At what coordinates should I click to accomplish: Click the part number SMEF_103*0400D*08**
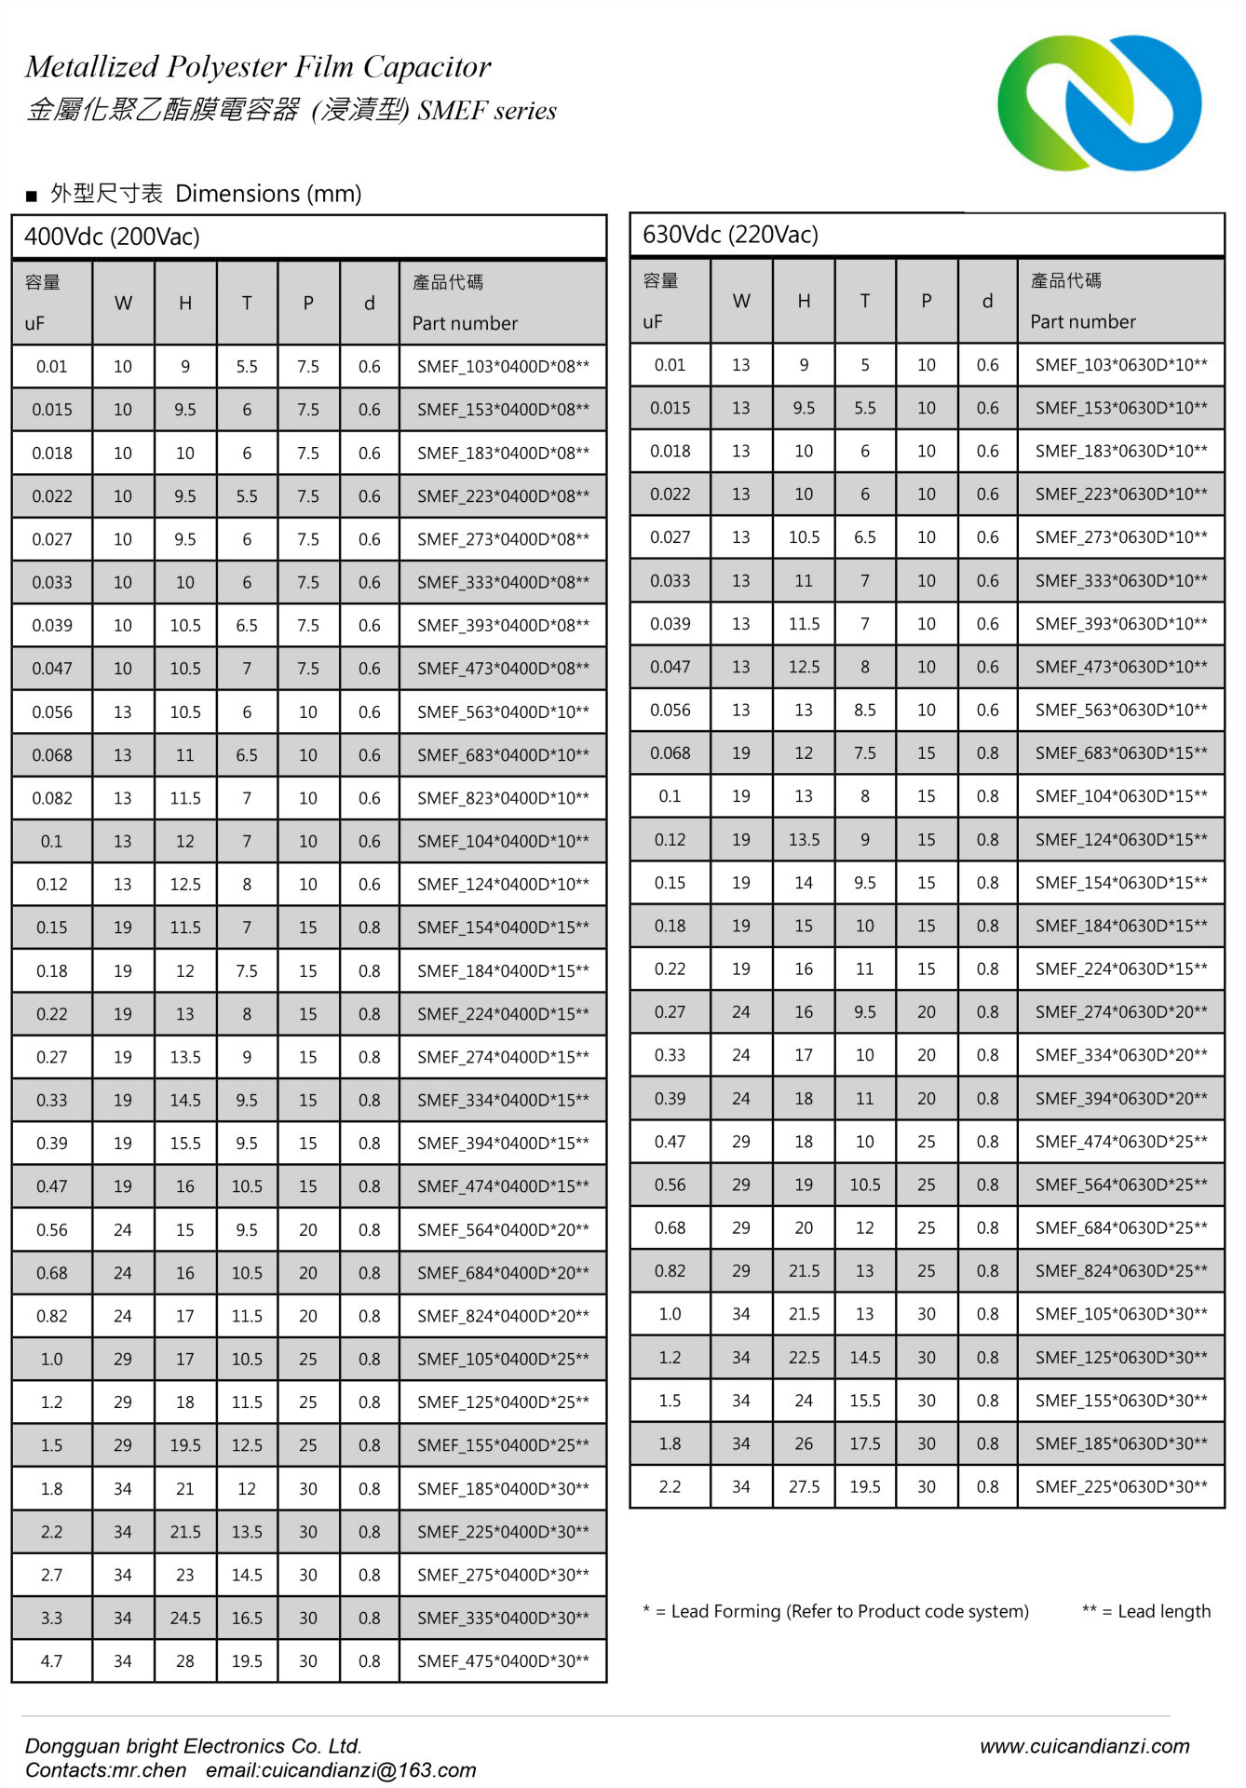tap(503, 367)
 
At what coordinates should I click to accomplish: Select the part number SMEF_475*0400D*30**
tap(503, 1661)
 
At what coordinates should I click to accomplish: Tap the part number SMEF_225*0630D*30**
tap(1121, 1487)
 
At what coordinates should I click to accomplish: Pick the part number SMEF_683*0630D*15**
tap(1121, 753)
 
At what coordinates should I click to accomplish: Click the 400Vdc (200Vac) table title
tap(113, 237)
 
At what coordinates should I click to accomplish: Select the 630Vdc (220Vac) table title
tap(731, 235)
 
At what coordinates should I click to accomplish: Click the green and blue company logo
tap(1099, 102)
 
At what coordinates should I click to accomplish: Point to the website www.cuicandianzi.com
tap(1084, 1746)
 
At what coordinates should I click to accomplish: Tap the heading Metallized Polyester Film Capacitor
tap(258, 67)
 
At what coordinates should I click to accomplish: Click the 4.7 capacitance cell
tap(52, 1661)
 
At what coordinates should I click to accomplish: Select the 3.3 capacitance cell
tap(52, 1619)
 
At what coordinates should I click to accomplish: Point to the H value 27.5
tap(804, 1487)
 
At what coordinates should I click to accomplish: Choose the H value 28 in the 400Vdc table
tap(185, 1661)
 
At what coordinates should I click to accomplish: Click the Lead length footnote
tap(1146, 1612)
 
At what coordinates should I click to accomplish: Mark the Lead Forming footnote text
tap(835, 1612)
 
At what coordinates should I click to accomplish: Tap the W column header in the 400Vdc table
tap(123, 304)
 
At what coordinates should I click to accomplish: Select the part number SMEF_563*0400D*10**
tap(503, 712)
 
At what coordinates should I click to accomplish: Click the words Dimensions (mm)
tap(268, 194)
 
